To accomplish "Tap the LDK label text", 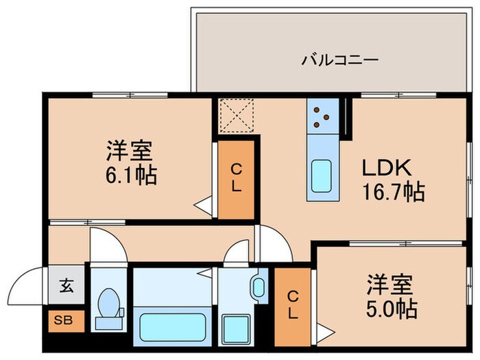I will (386, 168).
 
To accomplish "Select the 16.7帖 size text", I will (394, 191).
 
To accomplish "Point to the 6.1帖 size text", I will (132, 175).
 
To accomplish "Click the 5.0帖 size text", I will (392, 307).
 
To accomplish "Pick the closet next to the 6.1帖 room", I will (235, 178).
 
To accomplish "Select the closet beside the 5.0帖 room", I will (292, 305).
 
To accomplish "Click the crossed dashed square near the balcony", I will (235, 115).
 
